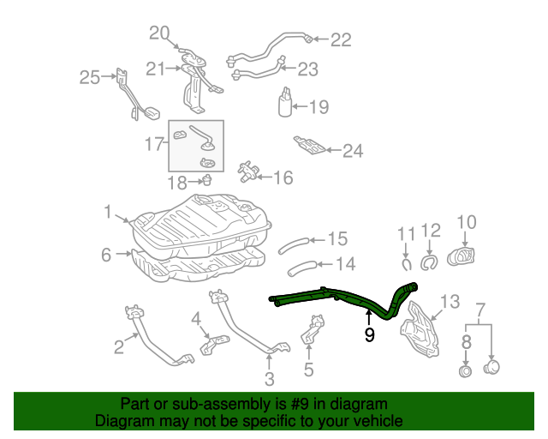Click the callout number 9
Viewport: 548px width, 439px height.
[x=369, y=335]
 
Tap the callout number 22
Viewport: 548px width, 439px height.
[x=341, y=39]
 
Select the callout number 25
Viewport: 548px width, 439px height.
[x=90, y=78]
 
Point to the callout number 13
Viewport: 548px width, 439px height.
[x=450, y=301]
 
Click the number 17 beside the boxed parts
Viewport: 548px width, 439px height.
[x=154, y=144]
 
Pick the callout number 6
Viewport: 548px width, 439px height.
[x=106, y=255]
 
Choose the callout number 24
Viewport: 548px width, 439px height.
[x=353, y=152]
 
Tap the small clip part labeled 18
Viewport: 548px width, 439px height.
[x=206, y=180]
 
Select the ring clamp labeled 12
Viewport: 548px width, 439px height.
[x=431, y=259]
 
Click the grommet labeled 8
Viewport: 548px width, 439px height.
[x=466, y=371]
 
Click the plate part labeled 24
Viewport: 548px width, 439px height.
[x=309, y=146]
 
